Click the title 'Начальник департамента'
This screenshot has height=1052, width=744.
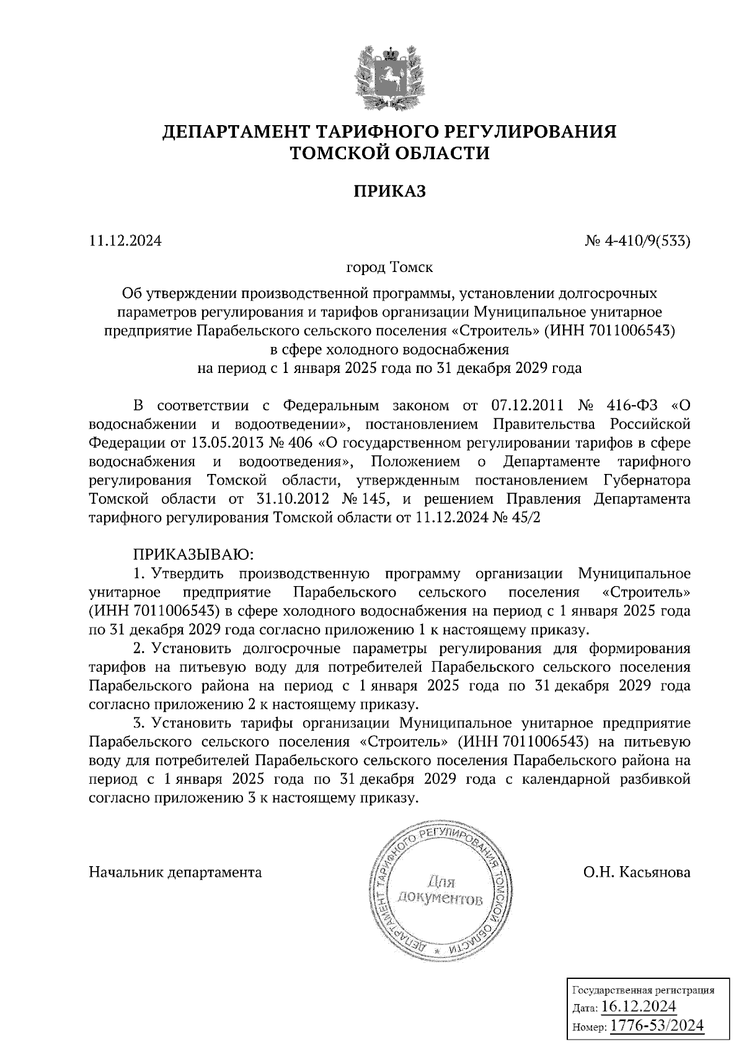click(175, 872)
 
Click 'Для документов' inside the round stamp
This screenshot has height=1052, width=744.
click(441, 890)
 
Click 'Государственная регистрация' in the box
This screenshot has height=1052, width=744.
click(642, 990)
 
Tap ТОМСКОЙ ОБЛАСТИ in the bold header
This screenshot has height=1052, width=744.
click(390, 152)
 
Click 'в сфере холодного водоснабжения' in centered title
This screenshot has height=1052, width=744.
click(389, 349)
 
